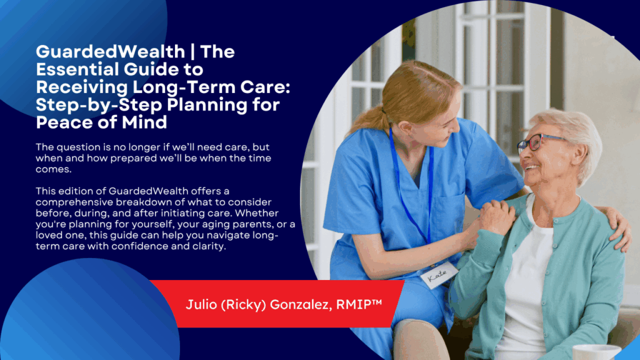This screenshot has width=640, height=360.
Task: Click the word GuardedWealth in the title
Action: tap(111, 52)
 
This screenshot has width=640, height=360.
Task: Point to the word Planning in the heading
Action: tap(207, 105)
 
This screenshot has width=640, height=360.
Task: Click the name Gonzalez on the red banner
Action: tap(301, 304)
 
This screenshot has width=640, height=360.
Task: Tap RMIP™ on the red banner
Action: tap(359, 304)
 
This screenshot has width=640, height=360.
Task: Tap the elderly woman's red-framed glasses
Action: tap(539, 142)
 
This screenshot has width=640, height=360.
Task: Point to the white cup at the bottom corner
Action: tap(596, 352)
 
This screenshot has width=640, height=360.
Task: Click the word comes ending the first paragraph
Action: tap(53, 169)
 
